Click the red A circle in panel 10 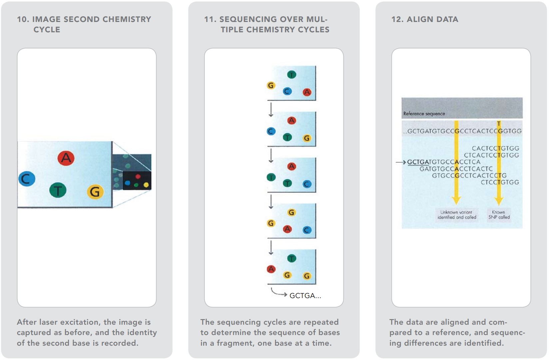coord(66,158)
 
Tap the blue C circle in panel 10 coord(27,179)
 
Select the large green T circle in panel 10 coord(58,190)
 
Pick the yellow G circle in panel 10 coord(95,192)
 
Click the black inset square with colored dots coord(137,180)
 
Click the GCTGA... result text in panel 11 coord(305,296)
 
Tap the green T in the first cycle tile coord(291,75)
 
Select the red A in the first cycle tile coord(307,92)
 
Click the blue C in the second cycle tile coord(271,132)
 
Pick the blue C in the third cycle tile coord(307,184)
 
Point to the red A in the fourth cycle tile coord(287,229)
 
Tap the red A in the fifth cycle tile coord(271,269)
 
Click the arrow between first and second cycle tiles coord(271,110)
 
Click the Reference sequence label coord(424,114)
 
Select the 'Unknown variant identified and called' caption coord(457,215)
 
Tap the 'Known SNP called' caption coord(499,215)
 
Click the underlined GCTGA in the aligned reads coord(418,162)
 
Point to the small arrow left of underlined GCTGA coord(401,162)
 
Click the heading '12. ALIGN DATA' coord(425,19)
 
